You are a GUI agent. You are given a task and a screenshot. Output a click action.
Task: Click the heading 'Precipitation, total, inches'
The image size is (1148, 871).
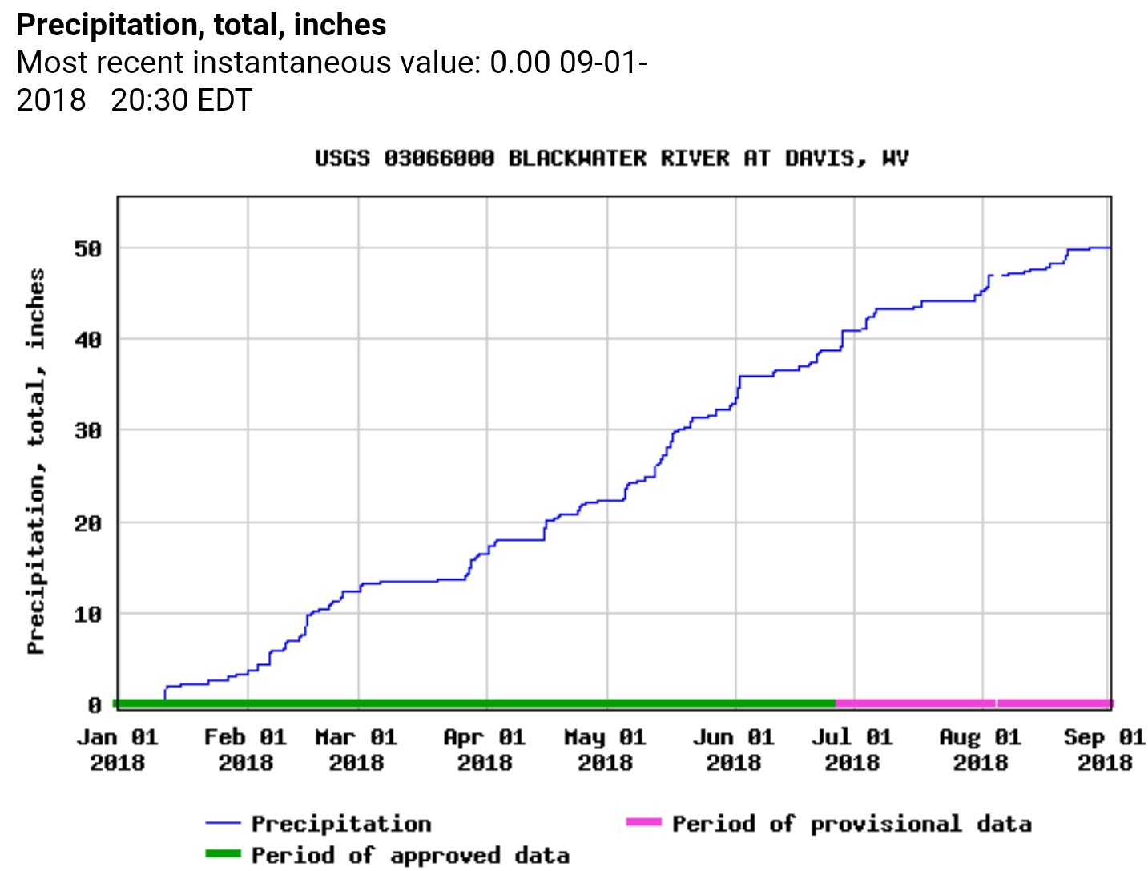(x=201, y=26)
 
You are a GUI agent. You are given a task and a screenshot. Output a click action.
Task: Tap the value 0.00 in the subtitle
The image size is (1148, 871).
(x=520, y=63)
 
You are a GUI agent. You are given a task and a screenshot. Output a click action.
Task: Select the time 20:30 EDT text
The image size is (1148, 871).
(x=181, y=100)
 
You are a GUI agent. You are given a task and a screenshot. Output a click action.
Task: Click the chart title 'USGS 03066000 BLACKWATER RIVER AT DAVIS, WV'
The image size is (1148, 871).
(x=612, y=159)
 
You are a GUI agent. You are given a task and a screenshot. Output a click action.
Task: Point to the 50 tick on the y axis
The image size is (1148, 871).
(x=88, y=249)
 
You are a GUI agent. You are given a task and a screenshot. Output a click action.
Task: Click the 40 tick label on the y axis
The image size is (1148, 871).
(x=88, y=340)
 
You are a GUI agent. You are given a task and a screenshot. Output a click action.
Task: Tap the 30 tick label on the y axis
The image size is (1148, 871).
(x=88, y=431)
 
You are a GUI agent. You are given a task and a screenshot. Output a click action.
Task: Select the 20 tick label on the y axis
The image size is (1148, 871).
(x=88, y=523)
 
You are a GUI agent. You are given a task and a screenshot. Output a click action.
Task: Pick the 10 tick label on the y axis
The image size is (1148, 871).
(x=88, y=615)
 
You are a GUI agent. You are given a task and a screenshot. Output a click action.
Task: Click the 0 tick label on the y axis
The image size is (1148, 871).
(x=95, y=705)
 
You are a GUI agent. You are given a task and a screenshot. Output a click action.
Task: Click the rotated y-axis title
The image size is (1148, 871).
(x=36, y=461)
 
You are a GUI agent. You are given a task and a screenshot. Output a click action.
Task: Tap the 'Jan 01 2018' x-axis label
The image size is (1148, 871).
(x=117, y=749)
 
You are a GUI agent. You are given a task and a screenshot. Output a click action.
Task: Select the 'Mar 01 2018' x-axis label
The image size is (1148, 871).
(x=356, y=749)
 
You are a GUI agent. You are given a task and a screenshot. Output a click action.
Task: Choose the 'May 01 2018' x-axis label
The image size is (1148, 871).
(x=605, y=749)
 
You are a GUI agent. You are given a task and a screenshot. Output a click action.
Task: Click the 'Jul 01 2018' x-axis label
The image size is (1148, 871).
(x=852, y=749)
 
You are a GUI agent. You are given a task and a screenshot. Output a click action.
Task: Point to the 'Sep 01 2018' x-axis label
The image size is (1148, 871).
(x=1105, y=749)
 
